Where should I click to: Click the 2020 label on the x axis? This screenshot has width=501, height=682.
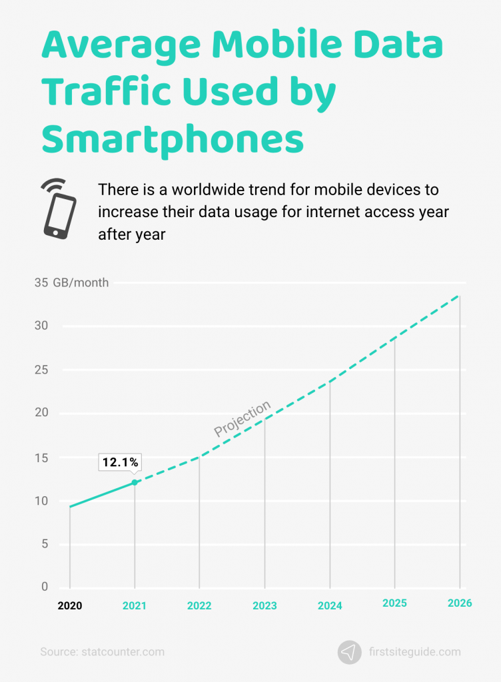[x=69, y=605]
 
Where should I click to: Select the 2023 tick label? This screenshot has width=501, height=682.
[x=264, y=605]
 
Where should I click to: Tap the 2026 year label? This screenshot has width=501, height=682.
[x=460, y=603]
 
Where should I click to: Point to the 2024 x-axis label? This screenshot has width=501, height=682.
[x=330, y=605]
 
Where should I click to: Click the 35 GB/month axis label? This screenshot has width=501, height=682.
[x=71, y=282]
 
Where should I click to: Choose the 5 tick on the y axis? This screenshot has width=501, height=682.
[x=45, y=543]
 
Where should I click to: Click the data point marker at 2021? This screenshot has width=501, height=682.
[x=135, y=482]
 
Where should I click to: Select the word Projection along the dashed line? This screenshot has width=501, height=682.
[x=243, y=419]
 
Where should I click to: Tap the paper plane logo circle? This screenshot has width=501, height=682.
[x=350, y=652]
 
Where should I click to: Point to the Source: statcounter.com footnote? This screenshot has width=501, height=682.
[x=102, y=652]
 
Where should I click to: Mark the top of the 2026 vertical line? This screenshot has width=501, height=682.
[x=460, y=296]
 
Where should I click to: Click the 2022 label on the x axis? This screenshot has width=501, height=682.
[x=199, y=605]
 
